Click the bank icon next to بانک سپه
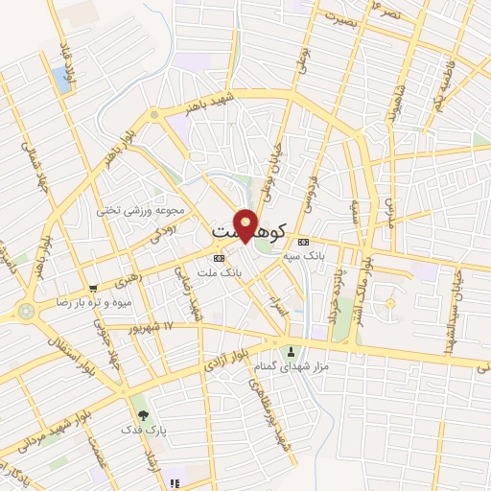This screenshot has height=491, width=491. (304, 242)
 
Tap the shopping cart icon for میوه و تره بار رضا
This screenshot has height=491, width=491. (93, 287)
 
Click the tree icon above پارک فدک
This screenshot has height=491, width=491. (143, 414)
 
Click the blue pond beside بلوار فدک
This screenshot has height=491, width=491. (63, 79)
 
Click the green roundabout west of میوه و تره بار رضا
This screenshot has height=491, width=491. (25, 311)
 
